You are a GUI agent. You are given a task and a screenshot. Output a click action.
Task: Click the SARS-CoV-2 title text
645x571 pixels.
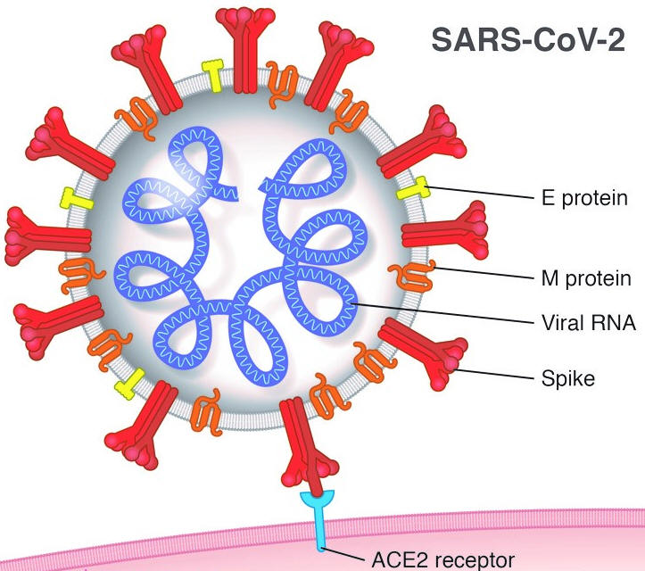[x=528, y=40]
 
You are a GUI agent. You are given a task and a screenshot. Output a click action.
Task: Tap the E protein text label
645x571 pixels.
[x=584, y=198]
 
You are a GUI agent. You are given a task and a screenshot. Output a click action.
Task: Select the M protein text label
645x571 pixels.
[x=586, y=278]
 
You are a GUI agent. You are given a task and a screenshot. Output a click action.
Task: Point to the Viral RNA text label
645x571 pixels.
[x=589, y=322]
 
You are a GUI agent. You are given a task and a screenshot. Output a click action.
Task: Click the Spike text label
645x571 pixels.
[x=568, y=378]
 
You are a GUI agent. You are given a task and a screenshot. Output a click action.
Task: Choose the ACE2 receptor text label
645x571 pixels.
[x=443, y=560]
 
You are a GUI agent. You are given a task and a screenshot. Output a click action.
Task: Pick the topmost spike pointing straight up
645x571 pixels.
[x=245, y=50]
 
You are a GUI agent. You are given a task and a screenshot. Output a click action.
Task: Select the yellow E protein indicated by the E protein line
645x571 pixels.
[x=413, y=188]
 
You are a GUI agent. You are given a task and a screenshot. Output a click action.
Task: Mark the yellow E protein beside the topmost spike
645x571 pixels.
[x=213, y=75]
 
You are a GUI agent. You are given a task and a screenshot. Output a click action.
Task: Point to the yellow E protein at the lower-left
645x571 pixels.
[x=130, y=384]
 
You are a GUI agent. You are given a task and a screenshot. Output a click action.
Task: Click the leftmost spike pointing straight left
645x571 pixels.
[x=47, y=236]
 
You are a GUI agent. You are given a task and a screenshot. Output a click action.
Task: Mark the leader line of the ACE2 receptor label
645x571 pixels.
[x=343, y=554]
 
